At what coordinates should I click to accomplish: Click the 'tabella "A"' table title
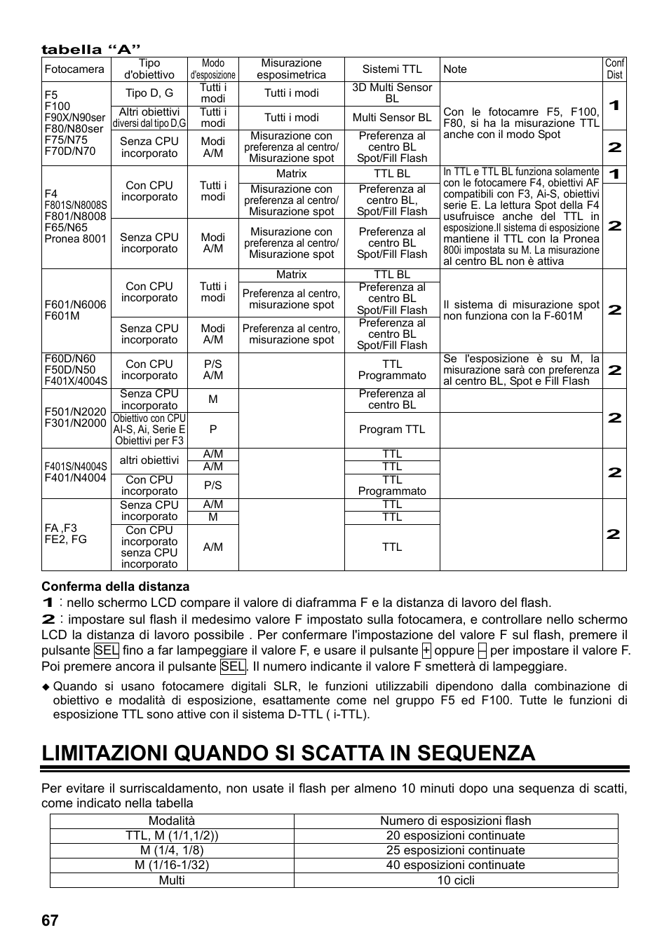[x=86, y=49]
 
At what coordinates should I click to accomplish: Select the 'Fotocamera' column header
[x=74, y=69]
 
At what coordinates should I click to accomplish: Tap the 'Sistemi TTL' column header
[x=392, y=69]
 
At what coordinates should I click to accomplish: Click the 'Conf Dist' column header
[x=614, y=69]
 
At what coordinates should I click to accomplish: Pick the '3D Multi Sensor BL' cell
[x=392, y=93]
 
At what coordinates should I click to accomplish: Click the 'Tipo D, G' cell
[x=149, y=93]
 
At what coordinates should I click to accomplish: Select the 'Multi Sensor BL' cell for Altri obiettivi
[x=392, y=118]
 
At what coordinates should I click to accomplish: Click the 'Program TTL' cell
[x=392, y=430]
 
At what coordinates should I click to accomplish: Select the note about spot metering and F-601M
[x=521, y=310]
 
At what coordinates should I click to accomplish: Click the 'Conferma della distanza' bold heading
[x=115, y=587]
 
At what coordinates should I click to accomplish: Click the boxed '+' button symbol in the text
[x=426, y=650]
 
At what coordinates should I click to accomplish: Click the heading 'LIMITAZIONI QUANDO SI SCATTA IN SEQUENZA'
[x=288, y=753]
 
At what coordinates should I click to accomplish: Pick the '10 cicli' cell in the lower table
[x=456, y=880]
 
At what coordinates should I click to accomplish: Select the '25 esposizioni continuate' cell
[x=456, y=850]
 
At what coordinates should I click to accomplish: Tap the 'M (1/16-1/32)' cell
[x=172, y=865]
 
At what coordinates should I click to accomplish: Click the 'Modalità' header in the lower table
[x=172, y=821]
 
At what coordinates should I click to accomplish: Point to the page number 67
[x=50, y=920]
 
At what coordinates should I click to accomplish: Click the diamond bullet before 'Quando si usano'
[x=46, y=687]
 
